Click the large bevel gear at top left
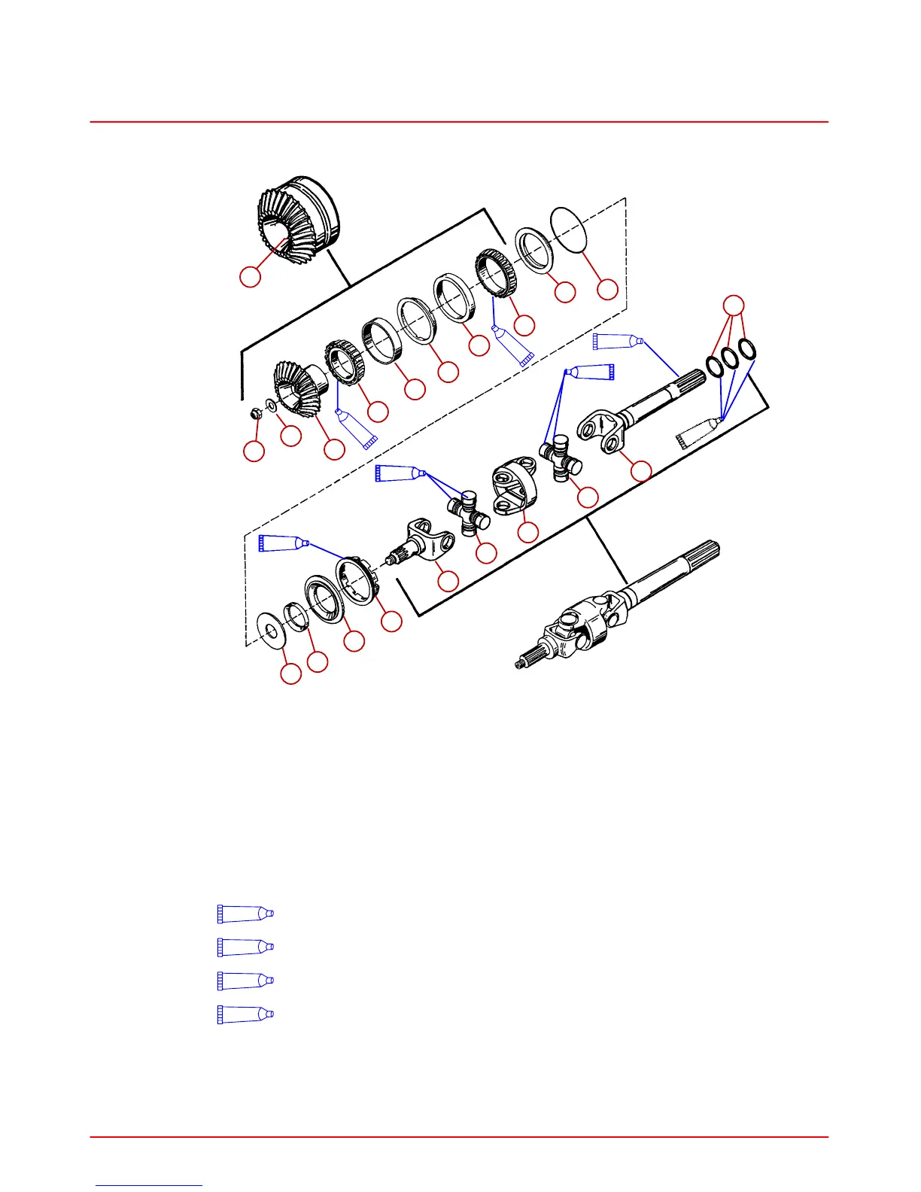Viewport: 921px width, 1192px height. [x=297, y=222]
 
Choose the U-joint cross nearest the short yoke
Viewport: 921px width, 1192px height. [x=468, y=513]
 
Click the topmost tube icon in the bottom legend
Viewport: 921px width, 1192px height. [x=245, y=914]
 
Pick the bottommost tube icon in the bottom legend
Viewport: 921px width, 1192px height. [x=245, y=1014]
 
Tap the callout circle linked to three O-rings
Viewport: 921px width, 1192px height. [x=734, y=305]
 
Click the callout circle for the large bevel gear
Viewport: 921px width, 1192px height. [x=251, y=276]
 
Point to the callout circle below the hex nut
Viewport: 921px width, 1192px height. [x=254, y=452]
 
